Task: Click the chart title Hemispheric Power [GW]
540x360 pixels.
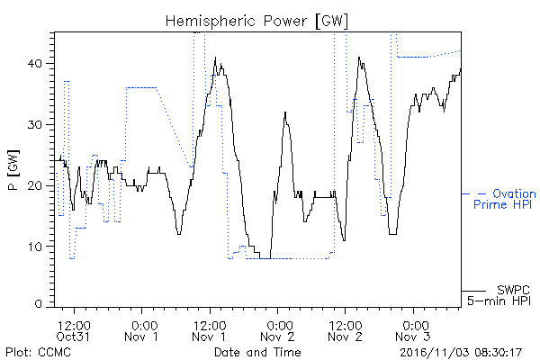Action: point(256,22)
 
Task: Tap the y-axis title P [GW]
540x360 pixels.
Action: point(13,170)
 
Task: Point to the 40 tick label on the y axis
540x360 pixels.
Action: point(35,63)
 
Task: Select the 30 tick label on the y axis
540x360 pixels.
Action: point(35,124)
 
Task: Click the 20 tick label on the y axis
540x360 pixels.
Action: point(35,185)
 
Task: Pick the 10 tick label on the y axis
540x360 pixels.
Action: point(35,247)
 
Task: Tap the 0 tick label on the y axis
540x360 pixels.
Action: point(39,304)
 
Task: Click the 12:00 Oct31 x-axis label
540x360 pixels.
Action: point(74,331)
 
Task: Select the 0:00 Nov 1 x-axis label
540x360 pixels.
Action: point(141,331)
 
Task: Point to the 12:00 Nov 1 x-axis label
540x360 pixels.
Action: point(210,331)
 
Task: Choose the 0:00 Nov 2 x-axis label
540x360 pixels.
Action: point(277,331)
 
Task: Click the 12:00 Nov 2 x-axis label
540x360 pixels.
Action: point(346,331)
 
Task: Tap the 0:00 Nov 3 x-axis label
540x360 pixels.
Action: point(413,331)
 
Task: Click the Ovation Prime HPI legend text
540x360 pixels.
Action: point(505,199)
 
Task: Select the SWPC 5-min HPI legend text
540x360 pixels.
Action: point(499,295)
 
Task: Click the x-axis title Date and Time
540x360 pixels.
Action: point(257,352)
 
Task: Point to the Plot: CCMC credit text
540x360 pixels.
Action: point(38,352)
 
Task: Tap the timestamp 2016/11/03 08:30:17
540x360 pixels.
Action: point(461,353)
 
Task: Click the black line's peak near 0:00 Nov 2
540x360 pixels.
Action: point(285,112)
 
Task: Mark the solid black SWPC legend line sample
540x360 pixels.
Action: point(474,291)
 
